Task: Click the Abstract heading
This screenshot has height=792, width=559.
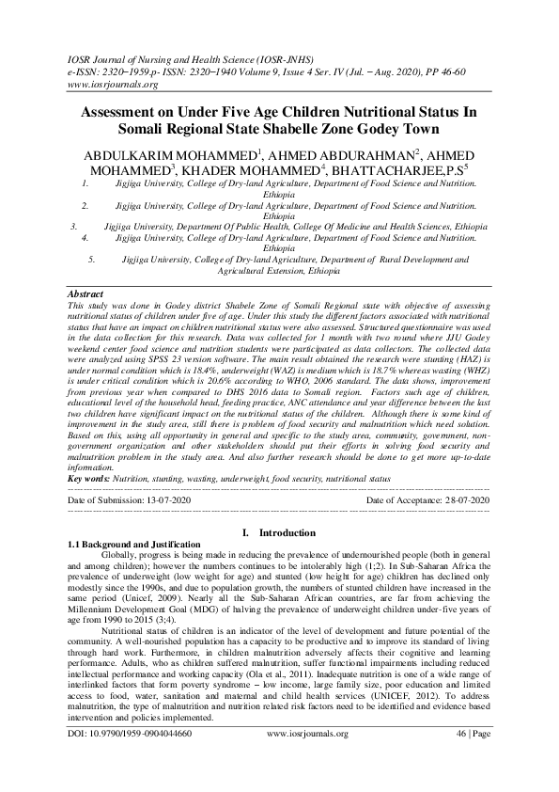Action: point(86,293)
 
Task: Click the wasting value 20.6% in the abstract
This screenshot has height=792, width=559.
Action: point(217,377)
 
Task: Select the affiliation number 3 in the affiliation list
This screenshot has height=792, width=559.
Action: point(74,227)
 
